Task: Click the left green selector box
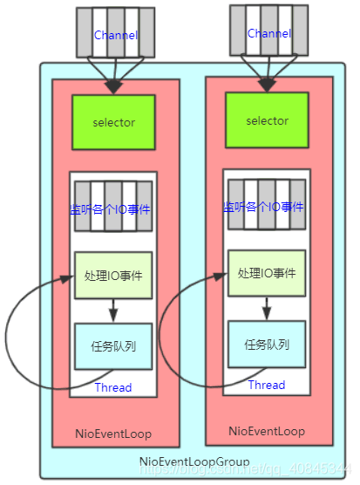click(114, 122)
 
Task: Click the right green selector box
click(267, 120)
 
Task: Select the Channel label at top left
click(113, 34)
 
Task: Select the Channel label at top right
click(269, 33)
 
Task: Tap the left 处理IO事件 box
click(113, 275)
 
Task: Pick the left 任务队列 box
click(113, 345)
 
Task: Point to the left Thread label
click(113, 387)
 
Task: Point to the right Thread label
click(267, 385)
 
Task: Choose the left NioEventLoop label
click(114, 433)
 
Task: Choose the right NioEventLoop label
click(267, 431)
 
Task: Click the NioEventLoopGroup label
click(194, 461)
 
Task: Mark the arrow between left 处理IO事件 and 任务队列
click(113, 311)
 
